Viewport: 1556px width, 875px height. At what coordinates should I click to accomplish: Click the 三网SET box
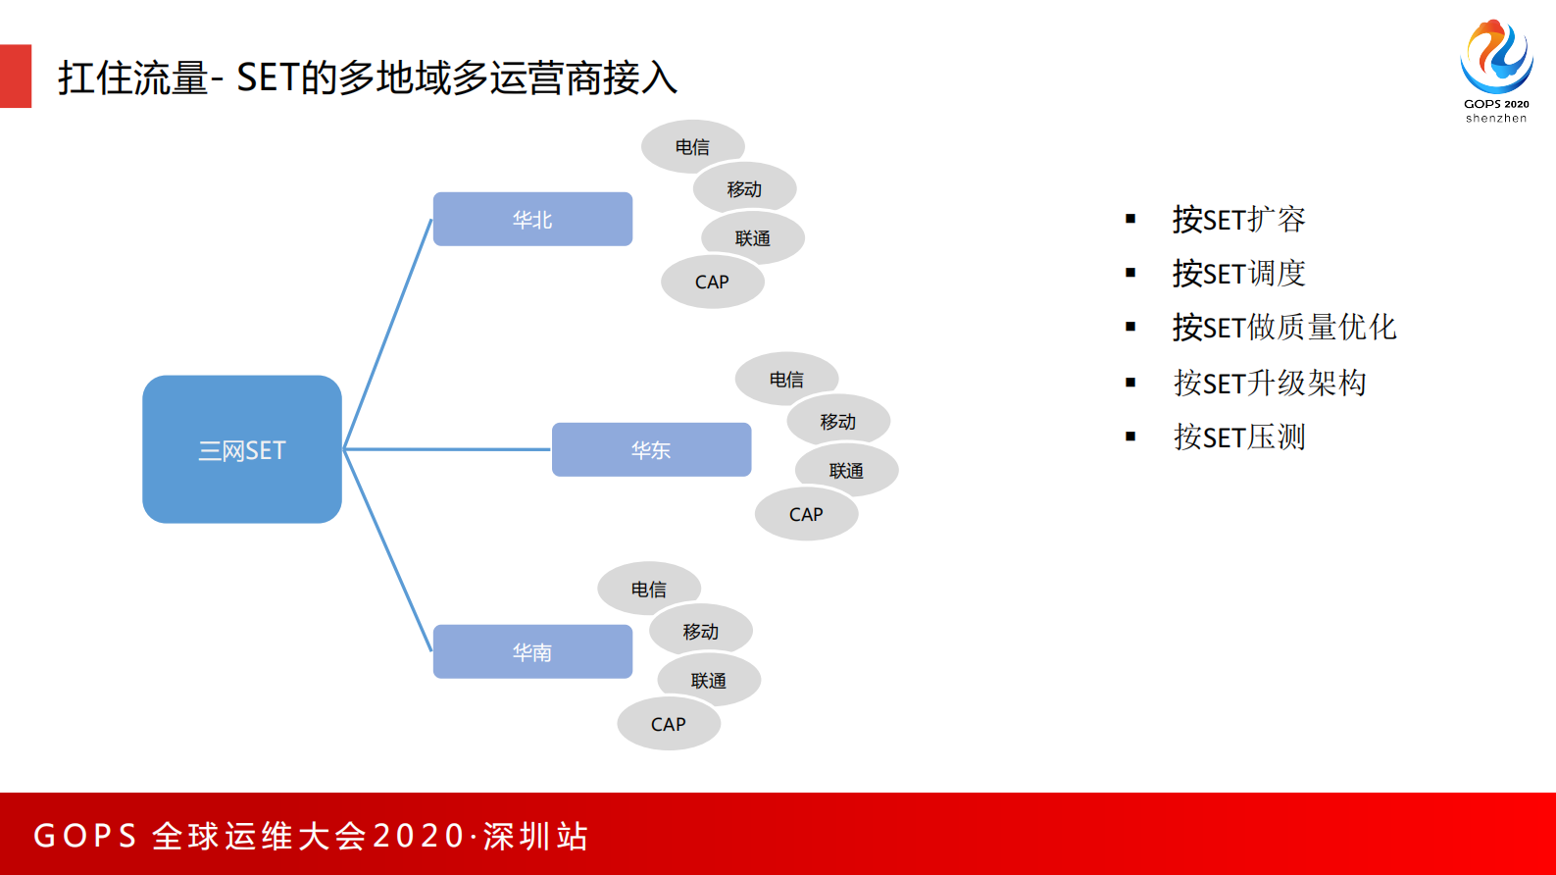[x=241, y=449]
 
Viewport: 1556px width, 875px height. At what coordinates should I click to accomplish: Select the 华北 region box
[x=532, y=219]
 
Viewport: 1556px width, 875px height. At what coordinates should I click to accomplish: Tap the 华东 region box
[x=651, y=449]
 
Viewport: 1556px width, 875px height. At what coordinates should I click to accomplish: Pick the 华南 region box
[x=532, y=651]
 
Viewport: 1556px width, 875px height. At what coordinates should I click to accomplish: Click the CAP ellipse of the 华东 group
[x=806, y=515]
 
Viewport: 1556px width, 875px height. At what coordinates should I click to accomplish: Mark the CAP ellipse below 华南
[x=669, y=725]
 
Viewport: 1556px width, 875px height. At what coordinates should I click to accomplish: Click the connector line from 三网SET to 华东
[x=446, y=449]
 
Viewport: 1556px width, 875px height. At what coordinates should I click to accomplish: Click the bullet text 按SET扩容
[x=1238, y=219]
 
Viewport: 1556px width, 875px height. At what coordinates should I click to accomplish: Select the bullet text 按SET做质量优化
[x=1283, y=327]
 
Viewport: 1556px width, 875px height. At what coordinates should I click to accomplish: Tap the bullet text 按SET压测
[x=1239, y=437]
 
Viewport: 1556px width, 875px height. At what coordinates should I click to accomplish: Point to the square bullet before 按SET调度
[x=1130, y=273]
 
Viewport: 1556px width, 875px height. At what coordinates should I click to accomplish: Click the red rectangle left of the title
[x=16, y=76]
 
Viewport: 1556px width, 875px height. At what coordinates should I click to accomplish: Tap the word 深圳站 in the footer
[x=535, y=836]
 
